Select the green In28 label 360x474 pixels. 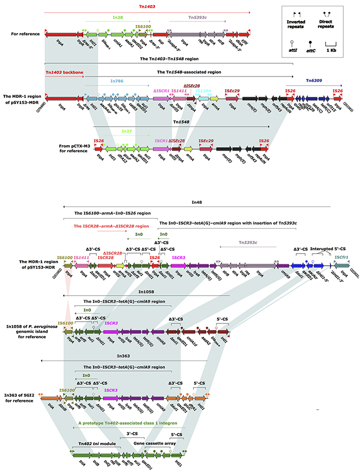click(117, 17)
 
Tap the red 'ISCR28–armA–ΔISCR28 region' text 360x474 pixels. click(109, 226)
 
